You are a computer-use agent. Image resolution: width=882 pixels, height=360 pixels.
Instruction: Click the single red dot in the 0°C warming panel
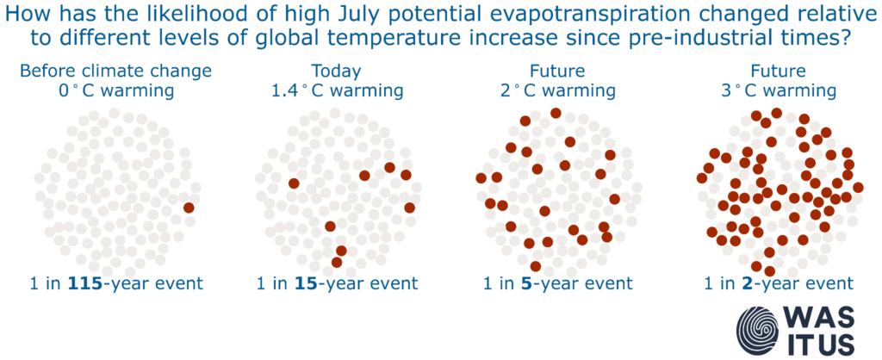tap(189, 208)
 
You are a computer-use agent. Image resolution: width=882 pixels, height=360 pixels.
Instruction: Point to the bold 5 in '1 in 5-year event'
tap(526, 283)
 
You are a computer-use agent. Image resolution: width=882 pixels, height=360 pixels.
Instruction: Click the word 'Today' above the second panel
tap(337, 72)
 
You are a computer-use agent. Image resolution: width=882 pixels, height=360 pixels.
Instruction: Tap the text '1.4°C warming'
tap(337, 90)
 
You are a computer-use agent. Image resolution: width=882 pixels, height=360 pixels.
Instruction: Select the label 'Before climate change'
tap(115, 71)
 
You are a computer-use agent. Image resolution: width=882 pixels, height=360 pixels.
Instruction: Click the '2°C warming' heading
tap(557, 90)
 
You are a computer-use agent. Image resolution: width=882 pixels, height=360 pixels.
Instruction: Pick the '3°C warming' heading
tap(778, 90)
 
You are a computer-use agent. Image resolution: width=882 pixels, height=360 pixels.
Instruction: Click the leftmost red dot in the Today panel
tap(294, 183)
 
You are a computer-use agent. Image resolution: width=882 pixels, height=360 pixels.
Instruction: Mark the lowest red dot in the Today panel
tap(337, 262)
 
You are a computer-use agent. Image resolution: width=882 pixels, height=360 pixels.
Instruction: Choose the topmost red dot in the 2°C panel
tap(556, 113)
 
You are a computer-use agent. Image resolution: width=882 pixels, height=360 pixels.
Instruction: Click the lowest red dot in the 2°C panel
tap(536, 266)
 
